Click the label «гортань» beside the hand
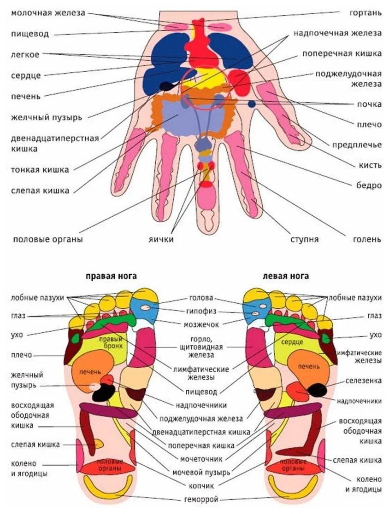click(365, 13)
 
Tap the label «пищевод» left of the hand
click(30, 34)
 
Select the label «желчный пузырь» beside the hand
click(46, 117)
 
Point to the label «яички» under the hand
click(160, 239)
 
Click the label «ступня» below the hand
click(304, 239)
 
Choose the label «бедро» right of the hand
click(369, 185)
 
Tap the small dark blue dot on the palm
click(252, 104)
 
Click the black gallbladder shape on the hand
click(168, 86)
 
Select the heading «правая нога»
click(111, 276)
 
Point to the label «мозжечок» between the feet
click(201, 324)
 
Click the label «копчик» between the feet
click(201, 485)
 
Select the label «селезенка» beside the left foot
click(363, 381)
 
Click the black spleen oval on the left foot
click(317, 390)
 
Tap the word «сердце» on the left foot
click(292, 342)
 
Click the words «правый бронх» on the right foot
click(111, 342)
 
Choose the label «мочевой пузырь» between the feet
click(201, 473)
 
